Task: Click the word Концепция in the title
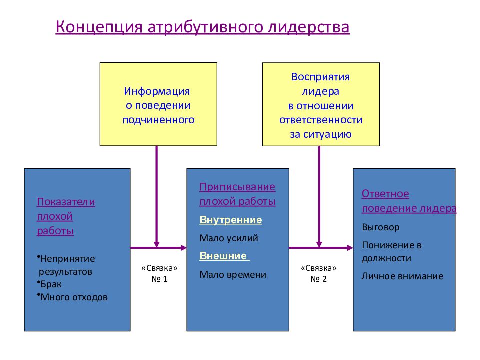(x=99, y=27)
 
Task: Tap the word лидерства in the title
(x=309, y=27)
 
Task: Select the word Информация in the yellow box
(x=157, y=91)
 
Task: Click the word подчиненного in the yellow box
(x=158, y=120)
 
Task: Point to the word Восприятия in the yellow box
(x=321, y=77)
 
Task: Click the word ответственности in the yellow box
(x=321, y=120)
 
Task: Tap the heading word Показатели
(x=66, y=202)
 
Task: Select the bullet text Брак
(x=51, y=284)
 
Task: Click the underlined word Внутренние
(x=231, y=220)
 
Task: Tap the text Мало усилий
(x=229, y=238)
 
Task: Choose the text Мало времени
(x=233, y=274)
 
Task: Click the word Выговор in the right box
(x=381, y=227)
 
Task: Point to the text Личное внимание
(x=402, y=276)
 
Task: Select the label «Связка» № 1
(x=159, y=273)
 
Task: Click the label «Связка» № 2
(x=318, y=273)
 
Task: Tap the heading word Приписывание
(x=237, y=187)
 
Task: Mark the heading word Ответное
(x=385, y=194)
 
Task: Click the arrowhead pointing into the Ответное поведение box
(x=350, y=248)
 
